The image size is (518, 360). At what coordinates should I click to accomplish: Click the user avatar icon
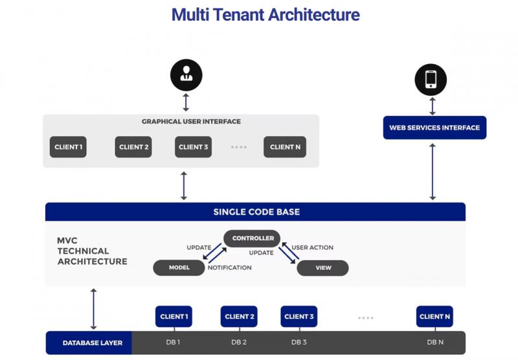tap(186, 75)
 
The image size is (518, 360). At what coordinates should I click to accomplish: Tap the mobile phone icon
tap(431, 80)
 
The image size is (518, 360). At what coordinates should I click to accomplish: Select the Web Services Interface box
tap(434, 128)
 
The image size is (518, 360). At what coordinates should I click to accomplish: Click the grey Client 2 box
tap(133, 147)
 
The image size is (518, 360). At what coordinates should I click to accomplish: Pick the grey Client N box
tap(285, 147)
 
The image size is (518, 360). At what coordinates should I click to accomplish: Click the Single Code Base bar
tap(255, 212)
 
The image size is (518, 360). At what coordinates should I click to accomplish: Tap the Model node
tap(179, 268)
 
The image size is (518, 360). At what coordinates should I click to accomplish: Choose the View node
tap(322, 268)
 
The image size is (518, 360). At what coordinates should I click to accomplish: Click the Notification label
tap(230, 267)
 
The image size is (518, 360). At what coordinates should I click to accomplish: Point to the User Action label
tap(313, 247)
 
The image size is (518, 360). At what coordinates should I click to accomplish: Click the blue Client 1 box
tap(174, 317)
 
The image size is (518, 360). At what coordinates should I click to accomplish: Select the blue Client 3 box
tap(299, 317)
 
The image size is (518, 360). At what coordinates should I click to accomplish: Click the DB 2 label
tap(239, 342)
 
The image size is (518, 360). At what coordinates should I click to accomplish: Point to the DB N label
tap(435, 342)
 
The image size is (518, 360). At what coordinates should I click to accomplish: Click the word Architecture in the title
tap(314, 15)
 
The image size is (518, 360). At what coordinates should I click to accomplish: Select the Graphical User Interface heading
tap(191, 122)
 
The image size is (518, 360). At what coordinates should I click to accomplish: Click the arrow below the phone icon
tap(433, 106)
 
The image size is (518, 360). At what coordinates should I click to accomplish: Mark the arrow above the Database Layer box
tap(93, 309)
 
